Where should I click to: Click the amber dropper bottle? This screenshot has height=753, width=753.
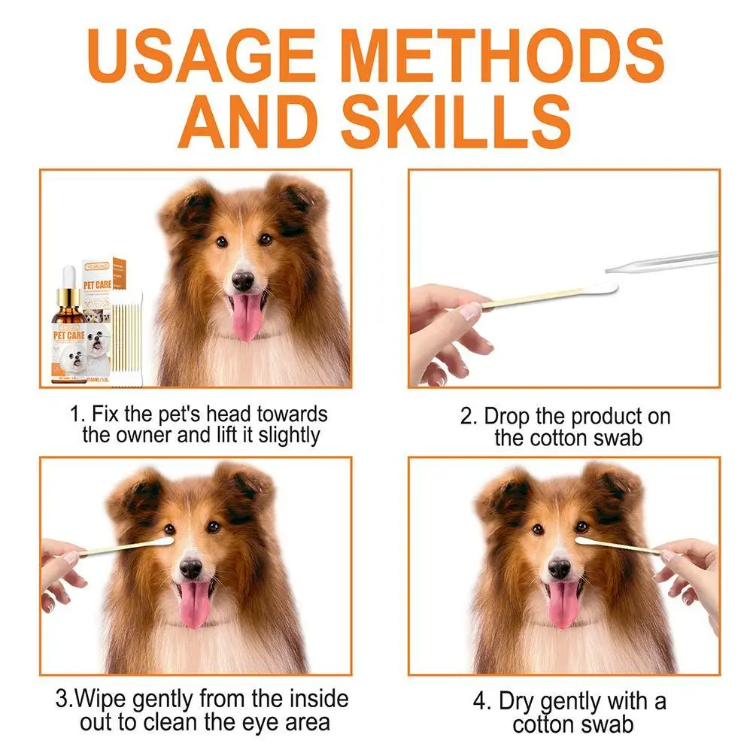click(71, 327)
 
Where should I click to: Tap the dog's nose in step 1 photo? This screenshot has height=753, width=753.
click(243, 281)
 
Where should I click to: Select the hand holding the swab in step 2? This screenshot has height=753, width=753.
click(448, 327)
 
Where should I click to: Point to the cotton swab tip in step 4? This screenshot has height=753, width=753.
click(584, 539)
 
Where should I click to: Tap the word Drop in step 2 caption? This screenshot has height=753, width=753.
click(506, 416)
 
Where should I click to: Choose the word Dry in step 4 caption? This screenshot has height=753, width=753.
click(519, 702)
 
